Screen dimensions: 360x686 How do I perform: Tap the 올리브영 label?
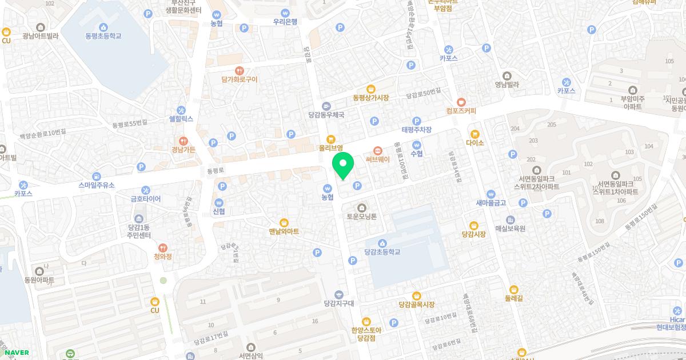[x=330, y=147]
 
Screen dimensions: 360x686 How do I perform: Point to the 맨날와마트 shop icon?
[x=284, y=222]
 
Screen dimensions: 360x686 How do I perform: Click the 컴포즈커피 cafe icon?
[x=461, y=101]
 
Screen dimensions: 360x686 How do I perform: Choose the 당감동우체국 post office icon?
[x=326, y=105]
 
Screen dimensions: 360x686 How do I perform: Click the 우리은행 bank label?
[x=285, y=22]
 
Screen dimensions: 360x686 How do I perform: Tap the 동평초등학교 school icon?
[x=103, y=27]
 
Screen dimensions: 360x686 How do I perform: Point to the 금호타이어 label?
[x=146, y=199]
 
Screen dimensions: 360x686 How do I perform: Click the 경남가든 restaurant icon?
[x=184, y=140]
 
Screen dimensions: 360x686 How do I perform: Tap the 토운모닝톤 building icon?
[x=361, y=207]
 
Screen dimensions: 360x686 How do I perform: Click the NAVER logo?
[x=17, y=353]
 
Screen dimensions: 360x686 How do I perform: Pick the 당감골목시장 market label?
[x=416, y=305]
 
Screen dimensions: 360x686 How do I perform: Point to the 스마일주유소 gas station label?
[x=97, y=185]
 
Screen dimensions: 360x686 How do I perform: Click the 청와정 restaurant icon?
[x=163, y=247]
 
